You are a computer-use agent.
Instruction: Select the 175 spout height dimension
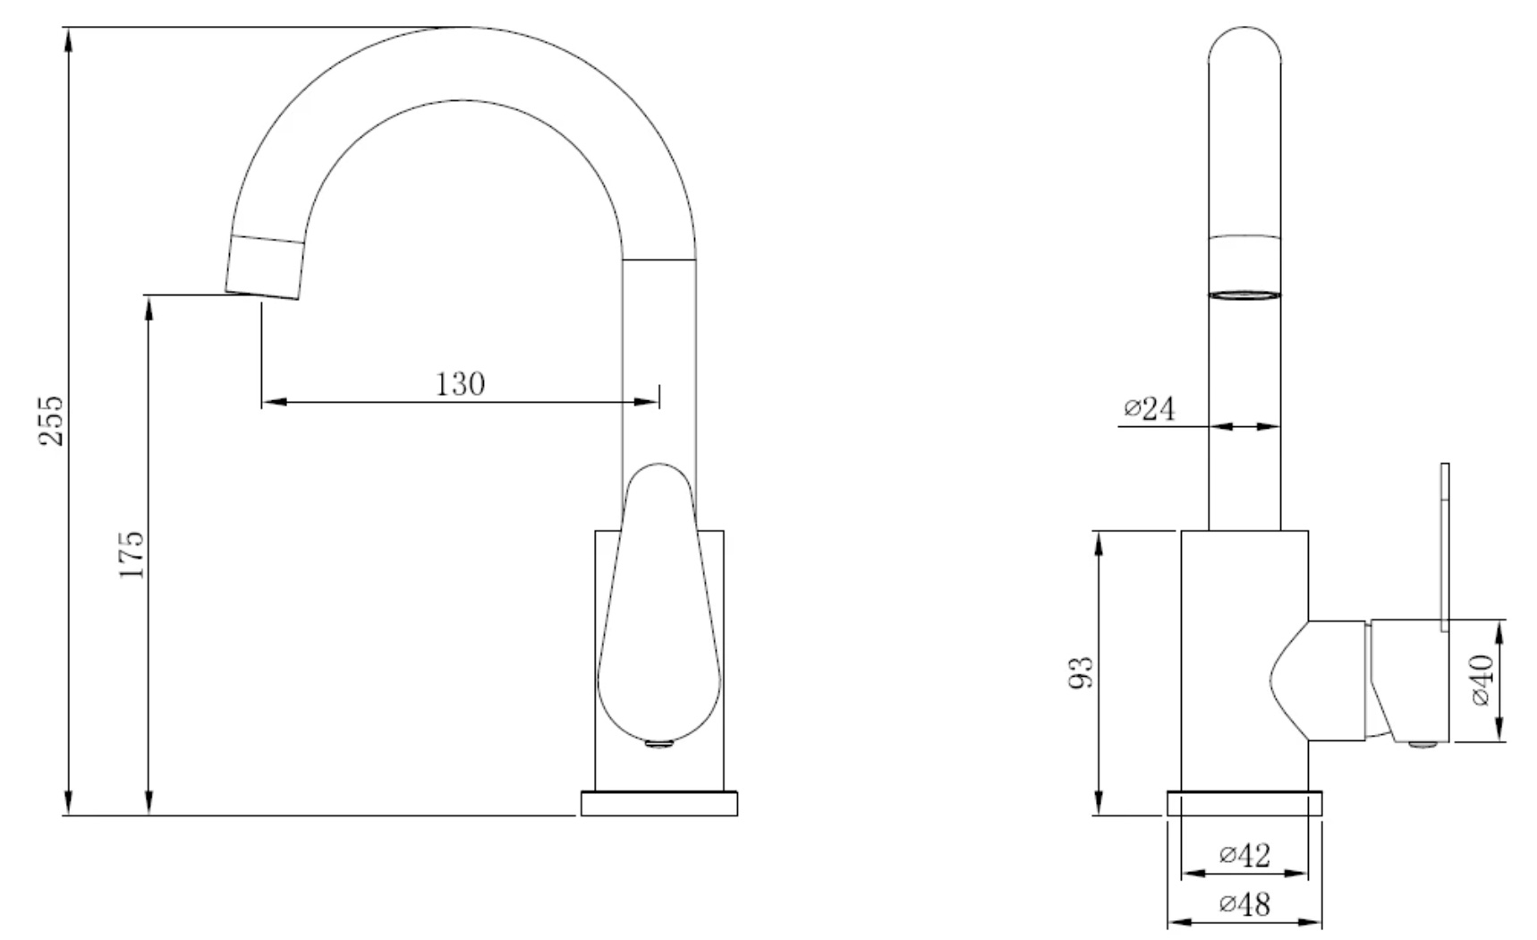pos(132,554)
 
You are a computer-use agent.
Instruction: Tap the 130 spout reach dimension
pos(460,384)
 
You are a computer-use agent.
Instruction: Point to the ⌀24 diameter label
pos(1150,409)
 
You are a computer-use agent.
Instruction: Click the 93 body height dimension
pos(1083,672)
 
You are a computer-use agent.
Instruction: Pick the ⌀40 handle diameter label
pos(1482,680)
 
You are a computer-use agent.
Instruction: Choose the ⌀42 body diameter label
pos(1244,855)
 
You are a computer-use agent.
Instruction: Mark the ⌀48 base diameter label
pos(1244,904)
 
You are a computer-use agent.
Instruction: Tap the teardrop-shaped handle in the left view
pos(659,604)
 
